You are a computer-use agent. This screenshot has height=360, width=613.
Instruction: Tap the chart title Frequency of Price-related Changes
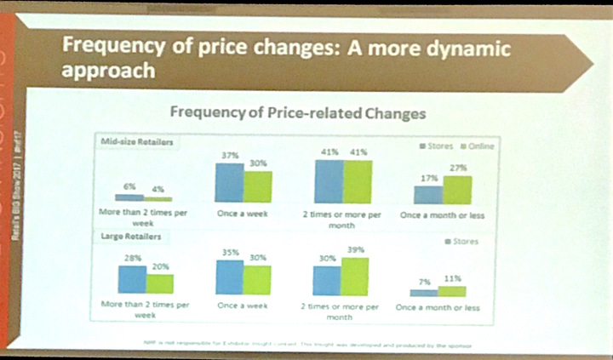coord(297,111)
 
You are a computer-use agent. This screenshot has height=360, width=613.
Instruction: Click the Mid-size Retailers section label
coord(136,142)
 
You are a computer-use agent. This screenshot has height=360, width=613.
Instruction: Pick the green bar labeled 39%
coord(355,276)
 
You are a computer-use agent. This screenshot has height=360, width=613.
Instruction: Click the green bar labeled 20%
coord(159,283)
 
